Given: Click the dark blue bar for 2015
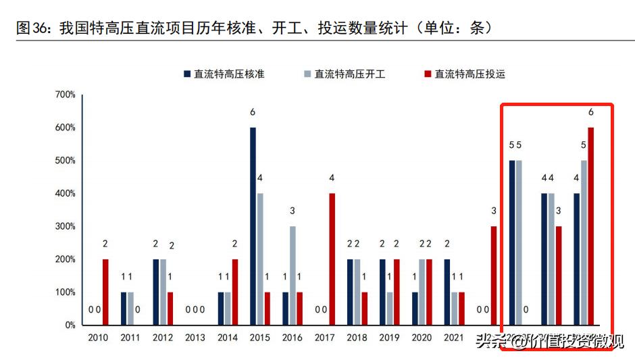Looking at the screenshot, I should point(253,226).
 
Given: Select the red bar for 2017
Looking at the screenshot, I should point(332,259).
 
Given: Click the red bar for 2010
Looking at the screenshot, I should point(105,292).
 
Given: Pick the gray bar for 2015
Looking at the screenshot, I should point(261,259).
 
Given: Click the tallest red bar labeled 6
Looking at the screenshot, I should point(591,226).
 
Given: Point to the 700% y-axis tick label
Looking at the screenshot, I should point(65,95).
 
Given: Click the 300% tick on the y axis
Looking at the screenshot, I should point(65,226).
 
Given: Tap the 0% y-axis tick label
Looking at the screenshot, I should point(70,325).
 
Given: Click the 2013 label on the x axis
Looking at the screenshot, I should point(195,338).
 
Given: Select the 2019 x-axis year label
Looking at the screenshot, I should point(389,338).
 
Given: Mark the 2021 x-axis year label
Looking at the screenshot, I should point(454,338).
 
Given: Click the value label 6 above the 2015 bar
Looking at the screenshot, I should point(253,112).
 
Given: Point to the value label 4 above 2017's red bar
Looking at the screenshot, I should point(332,178).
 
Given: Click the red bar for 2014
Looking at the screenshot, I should point(234,292).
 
